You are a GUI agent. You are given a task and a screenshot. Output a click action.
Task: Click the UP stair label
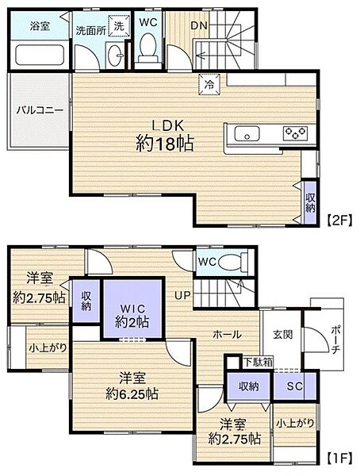click(x=183, y=295)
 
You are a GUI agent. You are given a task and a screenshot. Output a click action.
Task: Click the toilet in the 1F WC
click(x=232, y=262)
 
